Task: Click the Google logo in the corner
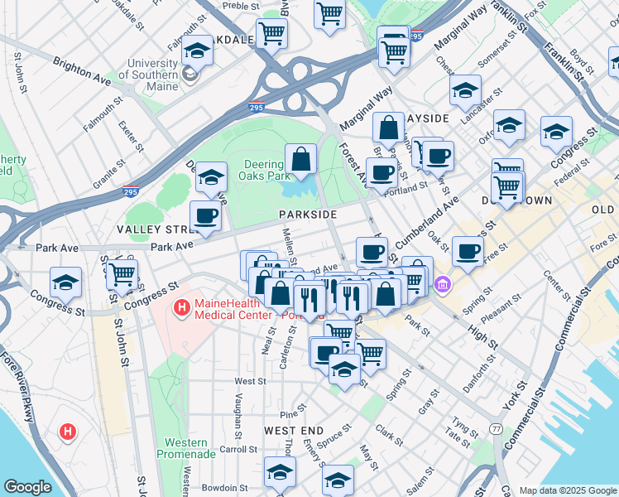pyautogui.click(x=27, y=487)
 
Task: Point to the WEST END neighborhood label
pyautogui.click(x=294, y=432)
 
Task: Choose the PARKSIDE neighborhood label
pyautogui.click(x=307, y=214)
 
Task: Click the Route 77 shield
pyautogui.click(x=496, y=428)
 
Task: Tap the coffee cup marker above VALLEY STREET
pyautogui.click(x=206, y=217)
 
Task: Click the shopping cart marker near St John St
pyautogui.click(x=122, y=273)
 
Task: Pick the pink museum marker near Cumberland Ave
pyautogui.click(x=444, y=285)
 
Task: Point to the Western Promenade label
pyautogui.click(x=185, y=449)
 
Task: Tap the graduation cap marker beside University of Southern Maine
pyautogui.click(x=197, y=52)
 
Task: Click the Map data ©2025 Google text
pyautogui.click(x=568, y=490)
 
